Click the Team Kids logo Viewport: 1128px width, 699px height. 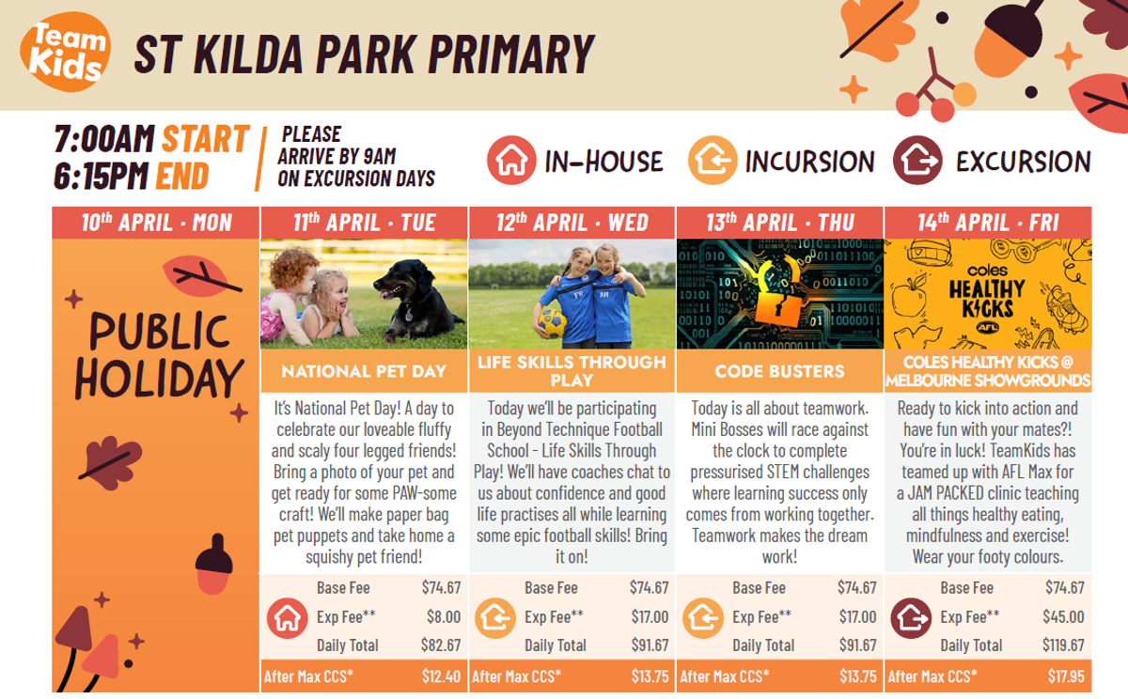coord(66,53)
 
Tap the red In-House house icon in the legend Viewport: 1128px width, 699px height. coord(511,161)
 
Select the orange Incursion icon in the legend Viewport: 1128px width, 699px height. coord(713,161)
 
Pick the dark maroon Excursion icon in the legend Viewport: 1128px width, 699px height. coord(917,161)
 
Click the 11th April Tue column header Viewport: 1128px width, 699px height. coord(364,223)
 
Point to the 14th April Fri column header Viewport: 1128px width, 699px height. coord(988,223)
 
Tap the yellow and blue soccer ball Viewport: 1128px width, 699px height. coord(553,323)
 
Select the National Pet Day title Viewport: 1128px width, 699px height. coord(364,371)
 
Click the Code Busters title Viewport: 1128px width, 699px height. coord(779,371)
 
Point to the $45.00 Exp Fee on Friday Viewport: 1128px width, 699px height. coord(1063,616)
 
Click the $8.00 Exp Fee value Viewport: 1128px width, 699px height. coord(444,616)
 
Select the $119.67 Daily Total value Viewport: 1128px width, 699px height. coord(1063,645)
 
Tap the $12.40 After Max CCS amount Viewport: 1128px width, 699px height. coord(441,676)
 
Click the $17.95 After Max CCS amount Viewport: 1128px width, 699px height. coord(1066,676)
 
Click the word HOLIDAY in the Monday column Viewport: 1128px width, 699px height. coord(159,379)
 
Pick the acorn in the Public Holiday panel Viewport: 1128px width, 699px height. coord(214,564)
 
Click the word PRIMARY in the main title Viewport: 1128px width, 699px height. coord(511,54)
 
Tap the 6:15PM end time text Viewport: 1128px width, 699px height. coord(102,176)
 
